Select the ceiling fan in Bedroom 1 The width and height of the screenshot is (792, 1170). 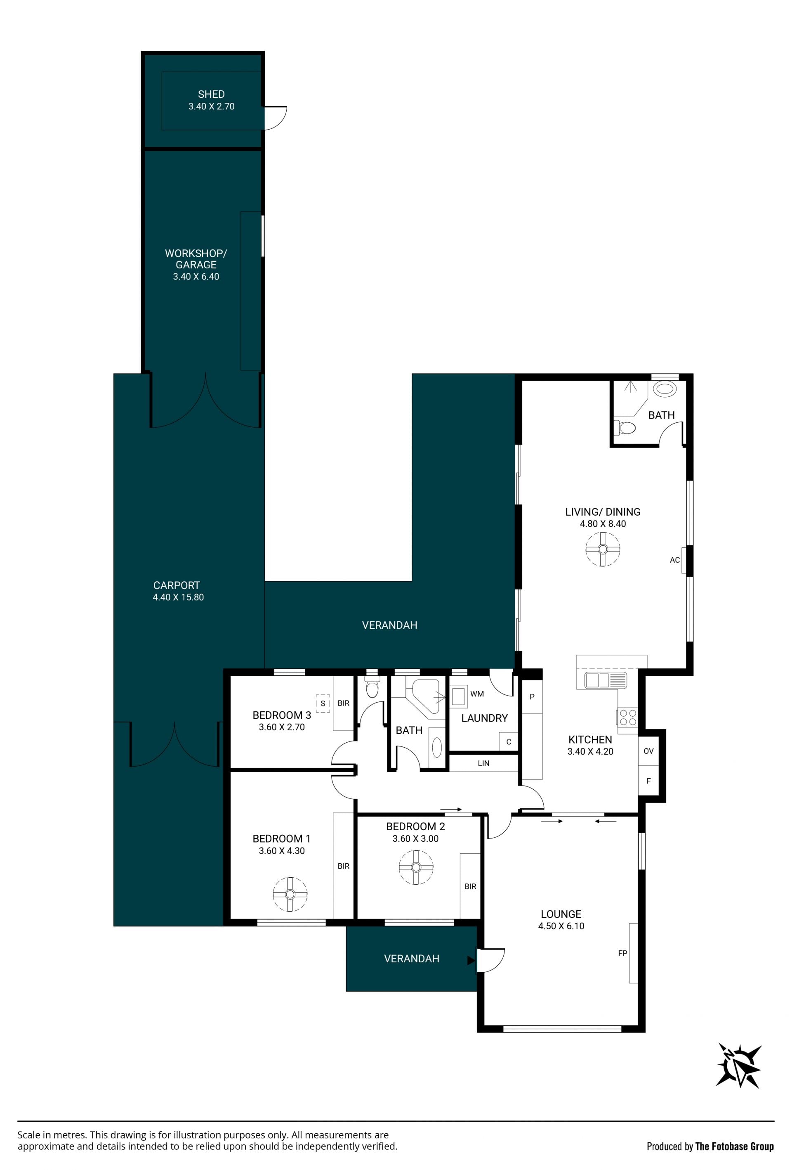[290, 894]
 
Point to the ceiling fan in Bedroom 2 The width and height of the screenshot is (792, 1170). [416, 867]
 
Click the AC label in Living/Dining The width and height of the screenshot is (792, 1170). [675, 560]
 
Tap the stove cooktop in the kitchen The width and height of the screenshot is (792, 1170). [628, 718]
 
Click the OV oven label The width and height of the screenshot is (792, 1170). [648, 751]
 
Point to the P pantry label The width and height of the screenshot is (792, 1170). [532, 697]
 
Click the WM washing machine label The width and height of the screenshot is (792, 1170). [477, 694]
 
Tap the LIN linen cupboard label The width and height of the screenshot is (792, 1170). [483, 763]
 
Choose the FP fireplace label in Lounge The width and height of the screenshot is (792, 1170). [622, 953]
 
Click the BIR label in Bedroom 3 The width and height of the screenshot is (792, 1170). [344, 703]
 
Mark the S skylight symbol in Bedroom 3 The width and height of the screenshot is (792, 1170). [323, 703]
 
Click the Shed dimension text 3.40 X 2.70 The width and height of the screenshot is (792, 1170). [211, 106]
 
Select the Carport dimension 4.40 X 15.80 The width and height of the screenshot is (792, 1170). [178, 597]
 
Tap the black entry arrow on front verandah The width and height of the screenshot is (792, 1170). [471, 961]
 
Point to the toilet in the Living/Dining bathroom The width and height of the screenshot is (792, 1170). [625, 428]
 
